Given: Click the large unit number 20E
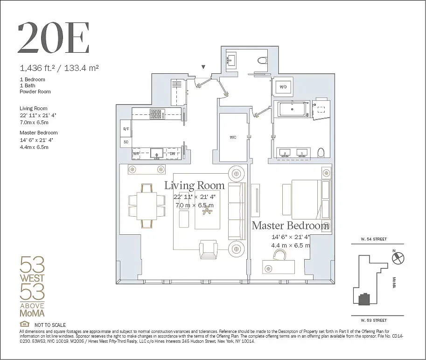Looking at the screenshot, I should point(53,37).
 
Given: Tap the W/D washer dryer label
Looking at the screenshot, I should point(283,87).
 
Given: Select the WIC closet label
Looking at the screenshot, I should point(233,137).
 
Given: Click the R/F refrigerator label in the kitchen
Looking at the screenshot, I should point(126,129).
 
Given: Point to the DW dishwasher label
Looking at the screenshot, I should point(173,153).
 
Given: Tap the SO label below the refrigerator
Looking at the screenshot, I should point(126,141).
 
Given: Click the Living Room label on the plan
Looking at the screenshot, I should point(194,185).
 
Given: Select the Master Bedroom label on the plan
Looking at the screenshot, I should point(290,226).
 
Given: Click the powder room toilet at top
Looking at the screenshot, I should point(261,60).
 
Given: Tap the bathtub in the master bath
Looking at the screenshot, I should point(293,109).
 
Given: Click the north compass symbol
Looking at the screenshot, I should point(399,258).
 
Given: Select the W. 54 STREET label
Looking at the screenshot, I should point(373,239).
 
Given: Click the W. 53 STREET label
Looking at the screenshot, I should point(373,320).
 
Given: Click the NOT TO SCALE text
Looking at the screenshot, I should point(50,325).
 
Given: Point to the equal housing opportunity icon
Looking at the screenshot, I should point(24,325).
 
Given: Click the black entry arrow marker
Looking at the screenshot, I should point(203,67).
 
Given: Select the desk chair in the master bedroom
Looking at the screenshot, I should point(279,255).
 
